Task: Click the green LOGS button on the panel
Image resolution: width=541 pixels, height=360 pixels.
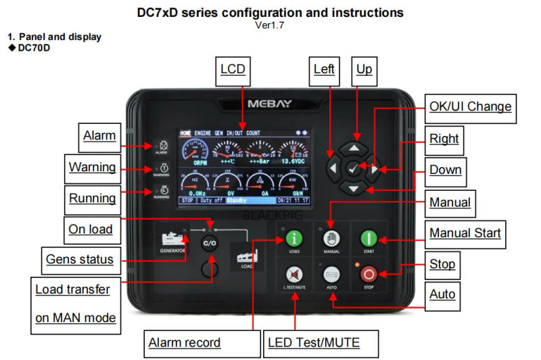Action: tap(293, 238)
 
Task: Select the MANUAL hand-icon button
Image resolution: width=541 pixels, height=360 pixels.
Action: tap(331, 238)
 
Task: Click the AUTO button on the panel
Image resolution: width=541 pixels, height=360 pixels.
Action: tap(331, 274)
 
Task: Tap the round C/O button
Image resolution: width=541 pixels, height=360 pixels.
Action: tap(210, 243)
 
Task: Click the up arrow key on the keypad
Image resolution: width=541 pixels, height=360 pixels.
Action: tap(357, 147)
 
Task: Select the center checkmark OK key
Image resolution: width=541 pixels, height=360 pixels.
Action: tap(353, 167)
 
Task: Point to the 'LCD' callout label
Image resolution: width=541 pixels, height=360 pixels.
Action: tap(233, 69)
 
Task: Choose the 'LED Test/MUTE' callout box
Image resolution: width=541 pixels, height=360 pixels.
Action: tap(313, 342)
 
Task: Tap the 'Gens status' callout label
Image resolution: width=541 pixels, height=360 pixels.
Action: tap(79, 258)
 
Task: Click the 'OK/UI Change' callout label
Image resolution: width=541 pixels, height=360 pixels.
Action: tap(470, 106)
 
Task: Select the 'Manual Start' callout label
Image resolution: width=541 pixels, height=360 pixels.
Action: tap(465, 233)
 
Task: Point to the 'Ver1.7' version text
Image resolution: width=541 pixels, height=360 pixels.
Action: tap(270, 26)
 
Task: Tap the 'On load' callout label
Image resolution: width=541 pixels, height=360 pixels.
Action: tap(91, 229)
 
